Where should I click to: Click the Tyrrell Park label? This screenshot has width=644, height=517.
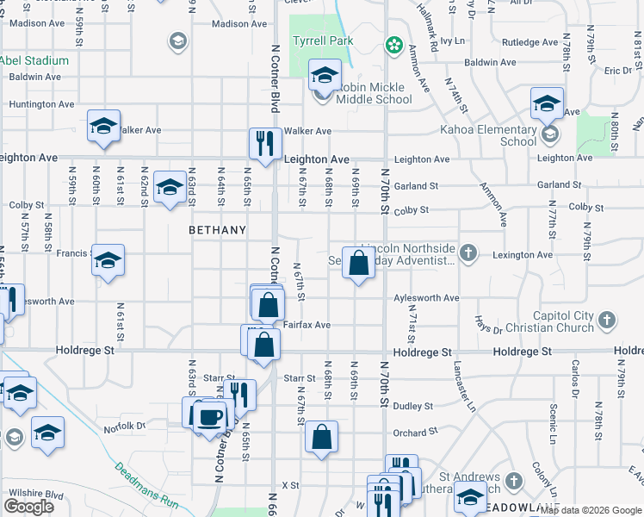click(x=323, y=40)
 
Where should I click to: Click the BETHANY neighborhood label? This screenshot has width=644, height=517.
click(x=218, y=231)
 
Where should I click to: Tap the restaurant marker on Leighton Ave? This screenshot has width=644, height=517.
click(x=263, y=142)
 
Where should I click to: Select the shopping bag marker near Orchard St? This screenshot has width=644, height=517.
click(x=321, y=436)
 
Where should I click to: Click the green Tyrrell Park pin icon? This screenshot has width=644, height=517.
click(x=394, y=43)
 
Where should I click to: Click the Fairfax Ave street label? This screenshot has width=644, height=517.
click(x=307, y=326)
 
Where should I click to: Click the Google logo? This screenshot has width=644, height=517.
click(x=28, y=506)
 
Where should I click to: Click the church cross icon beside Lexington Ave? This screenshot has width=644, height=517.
click(x=468, y=252)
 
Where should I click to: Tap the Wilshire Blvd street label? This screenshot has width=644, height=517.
click(x=36, y=494)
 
